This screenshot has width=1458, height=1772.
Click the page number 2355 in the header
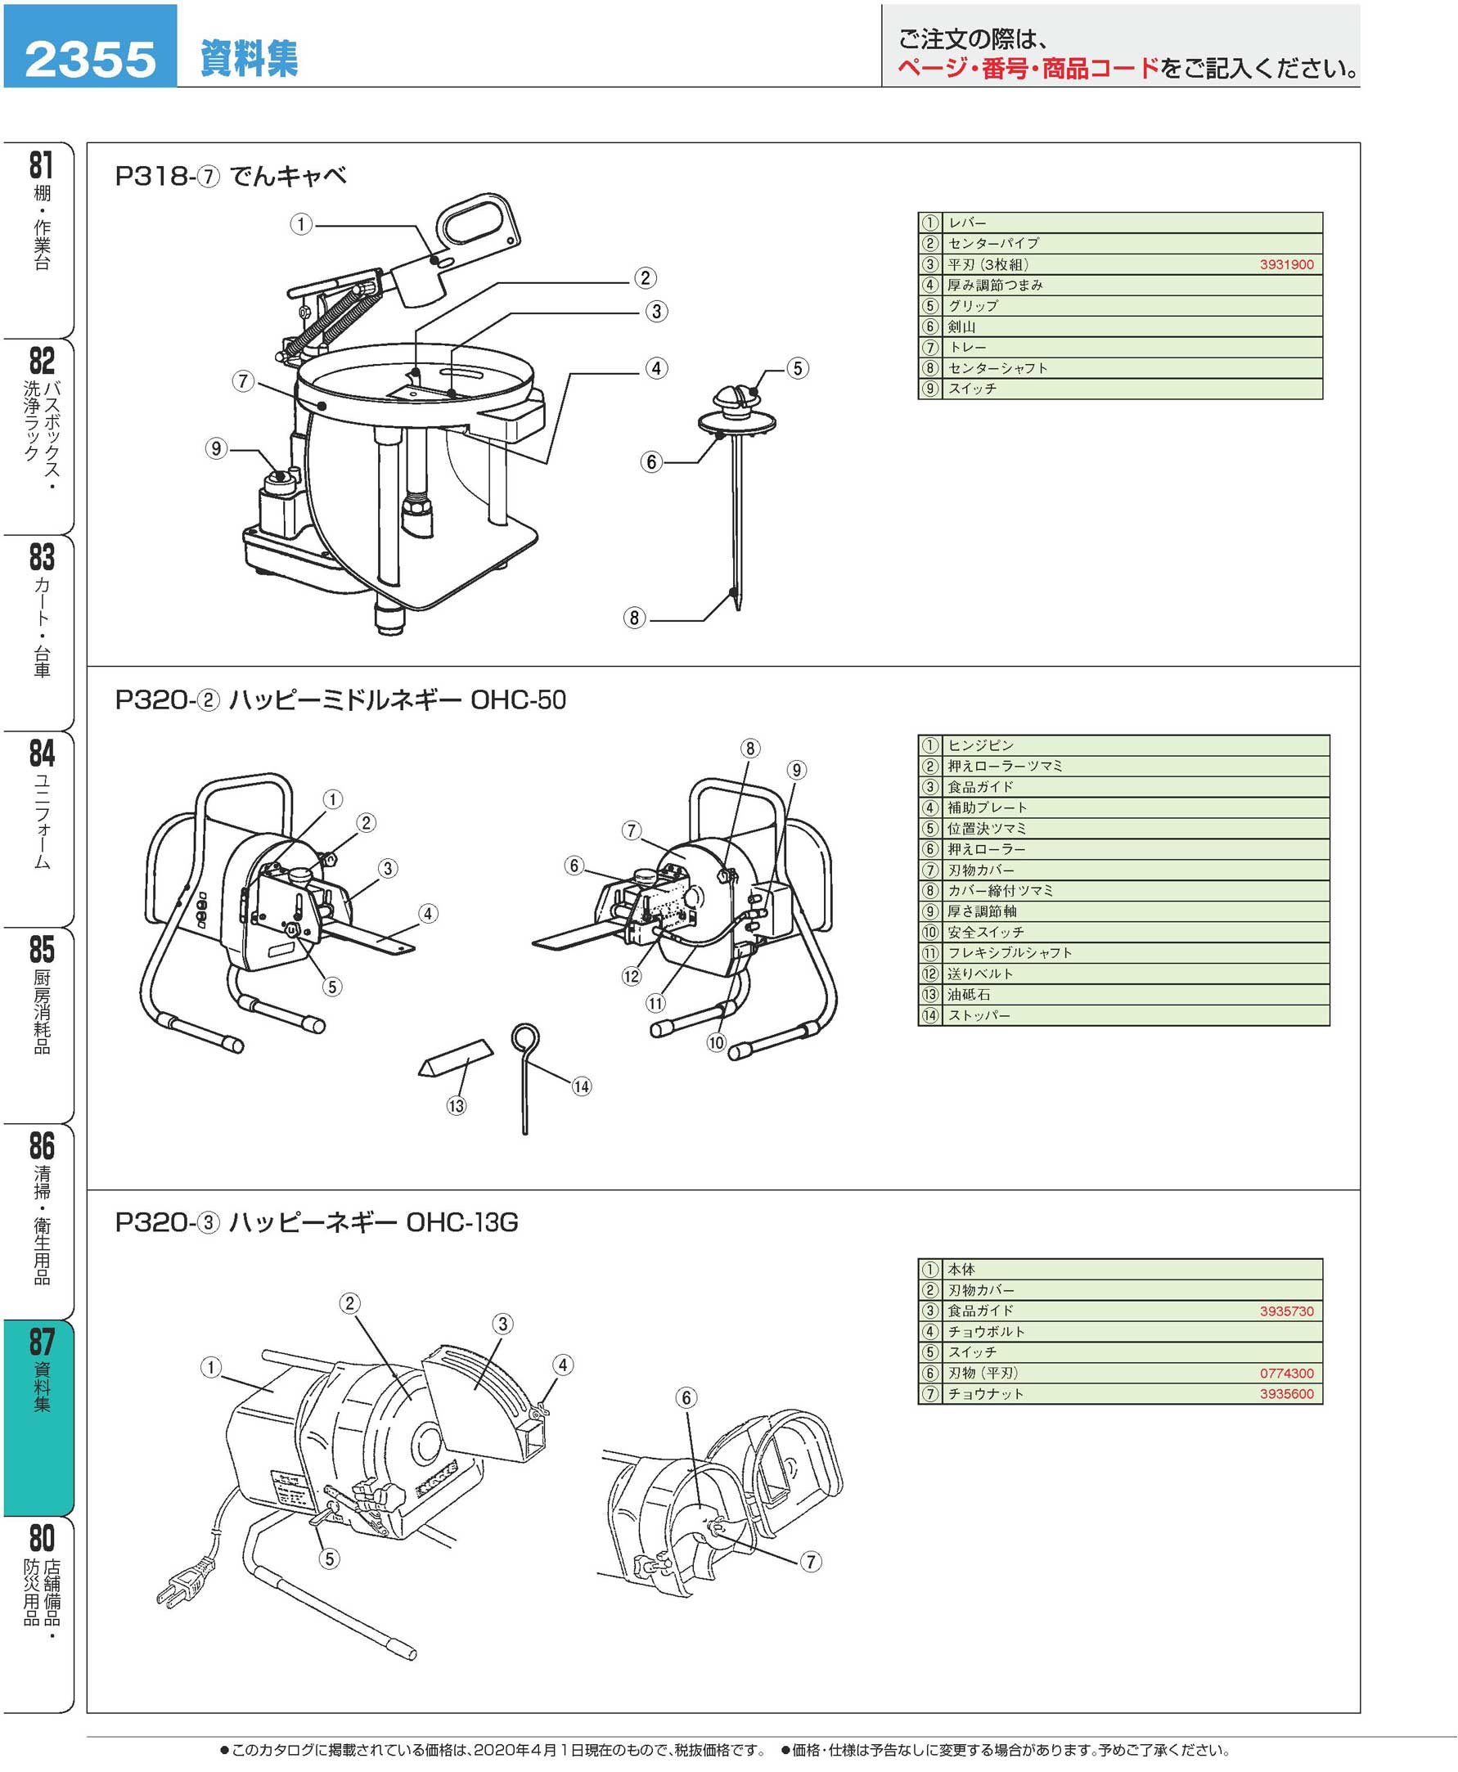click(x=90, y=59)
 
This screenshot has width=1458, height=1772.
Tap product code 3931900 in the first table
click(x=1286, y=264)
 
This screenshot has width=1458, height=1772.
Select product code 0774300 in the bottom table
click(x=1286, y=1373)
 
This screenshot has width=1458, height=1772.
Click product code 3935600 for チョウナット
click(x=1286, y=1394)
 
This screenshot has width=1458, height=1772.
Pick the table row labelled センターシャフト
click(x=997, y=368)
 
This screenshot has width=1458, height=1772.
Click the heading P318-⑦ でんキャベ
click(x=230, y=176)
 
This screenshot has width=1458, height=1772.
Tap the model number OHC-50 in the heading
click(x=518, y=699)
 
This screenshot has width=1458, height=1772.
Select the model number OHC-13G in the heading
click(x=462, y=1222)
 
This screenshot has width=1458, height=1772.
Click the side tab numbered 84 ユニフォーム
click(x=41, y=802)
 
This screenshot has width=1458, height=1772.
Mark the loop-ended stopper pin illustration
click(x=525, y=1075)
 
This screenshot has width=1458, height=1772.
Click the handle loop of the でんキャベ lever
click(x=474, y=223)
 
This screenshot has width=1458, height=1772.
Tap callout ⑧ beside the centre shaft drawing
click(x=634, y=618)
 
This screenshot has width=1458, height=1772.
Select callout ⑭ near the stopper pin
click(x=581, y=1086)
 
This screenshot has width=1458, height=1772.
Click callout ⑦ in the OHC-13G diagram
click(x=810, y=1562)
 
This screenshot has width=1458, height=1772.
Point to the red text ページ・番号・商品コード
click(x=1027, y=68)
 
